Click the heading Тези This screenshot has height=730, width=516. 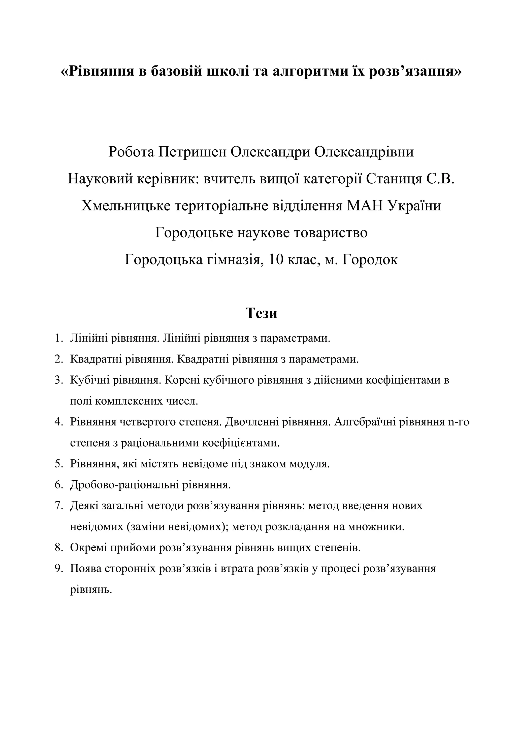click(261, 313)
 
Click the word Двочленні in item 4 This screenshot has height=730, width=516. click(253, 422)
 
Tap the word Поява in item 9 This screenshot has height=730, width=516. click(85, 569)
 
